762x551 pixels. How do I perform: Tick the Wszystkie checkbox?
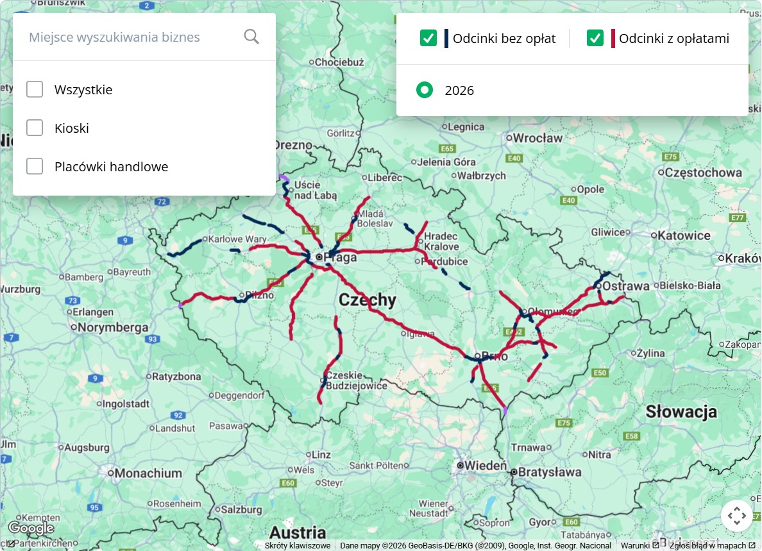coord(35,90)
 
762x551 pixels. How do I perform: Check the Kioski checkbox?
coord(35,128)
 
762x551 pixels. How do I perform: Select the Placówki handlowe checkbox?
coord(35,167)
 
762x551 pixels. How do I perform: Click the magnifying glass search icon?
coord(251,37)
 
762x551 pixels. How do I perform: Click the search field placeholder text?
coord(114,37)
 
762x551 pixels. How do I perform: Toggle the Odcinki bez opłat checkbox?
coord(428,38)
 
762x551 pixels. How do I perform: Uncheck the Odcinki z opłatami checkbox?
coord(595,38)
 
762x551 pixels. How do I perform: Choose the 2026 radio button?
coord(425,90)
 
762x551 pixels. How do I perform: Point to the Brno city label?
coord(495,357)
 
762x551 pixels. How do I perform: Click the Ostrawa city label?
coord(627,286)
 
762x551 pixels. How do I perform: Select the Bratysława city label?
coord(550,473)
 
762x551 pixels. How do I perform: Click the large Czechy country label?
coord(368,300)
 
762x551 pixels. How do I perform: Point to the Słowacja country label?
coord(681,412)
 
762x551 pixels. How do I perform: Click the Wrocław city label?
coord(538,138)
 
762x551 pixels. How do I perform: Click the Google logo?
coord(31,528)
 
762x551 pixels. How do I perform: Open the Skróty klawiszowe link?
coord(298,546)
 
